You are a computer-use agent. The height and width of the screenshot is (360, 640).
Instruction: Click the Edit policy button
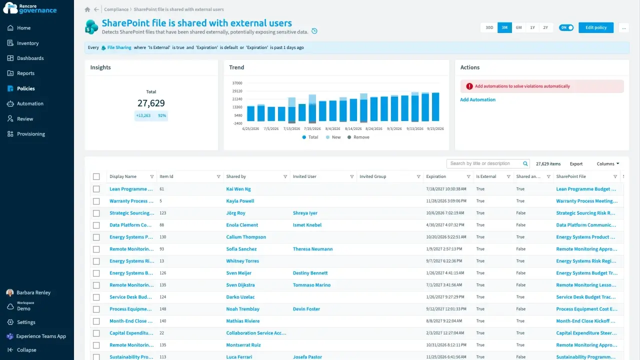click(x=595, y=27)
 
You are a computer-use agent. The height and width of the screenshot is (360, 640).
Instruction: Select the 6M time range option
click(x=518, y=27)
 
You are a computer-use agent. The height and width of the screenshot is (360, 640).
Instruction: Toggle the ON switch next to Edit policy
click(x=566, y=27)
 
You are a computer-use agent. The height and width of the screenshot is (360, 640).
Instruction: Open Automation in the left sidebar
click(x=30, y=103)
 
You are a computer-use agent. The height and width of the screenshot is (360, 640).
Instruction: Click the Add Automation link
click(x=477, y=99)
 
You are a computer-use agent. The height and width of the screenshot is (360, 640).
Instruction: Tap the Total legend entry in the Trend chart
click(x=310, y=137)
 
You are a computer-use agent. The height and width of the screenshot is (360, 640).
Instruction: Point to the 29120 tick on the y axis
click(x=237, y=91)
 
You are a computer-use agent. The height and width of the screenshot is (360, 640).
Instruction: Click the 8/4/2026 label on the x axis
click(x=332, y=128)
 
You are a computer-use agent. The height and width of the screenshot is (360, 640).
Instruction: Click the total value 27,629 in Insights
click(x=151, y=103)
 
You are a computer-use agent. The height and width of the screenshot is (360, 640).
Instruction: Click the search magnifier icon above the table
click(x=525, y=163)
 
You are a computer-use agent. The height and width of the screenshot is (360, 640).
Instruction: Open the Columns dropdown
click(x=608, y=163)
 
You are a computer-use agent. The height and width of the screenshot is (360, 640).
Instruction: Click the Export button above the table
click(x=576, y=163)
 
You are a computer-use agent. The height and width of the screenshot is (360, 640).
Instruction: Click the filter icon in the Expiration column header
click(x=468, y=176)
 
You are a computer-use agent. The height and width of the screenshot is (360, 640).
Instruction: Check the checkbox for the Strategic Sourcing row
click(x=96, y=213)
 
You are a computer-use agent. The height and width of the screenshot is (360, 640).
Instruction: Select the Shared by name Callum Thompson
click(x=246, y=237)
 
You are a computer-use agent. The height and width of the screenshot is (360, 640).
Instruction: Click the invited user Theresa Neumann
click(x=312, y=249)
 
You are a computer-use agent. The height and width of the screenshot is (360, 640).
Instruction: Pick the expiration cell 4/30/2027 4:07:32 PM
click(x=445, y=225)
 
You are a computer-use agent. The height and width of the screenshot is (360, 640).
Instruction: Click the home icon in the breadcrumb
click(x=87, y=9)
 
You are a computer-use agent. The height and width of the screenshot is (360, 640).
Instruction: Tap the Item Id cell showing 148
click(x=162, y=309)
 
